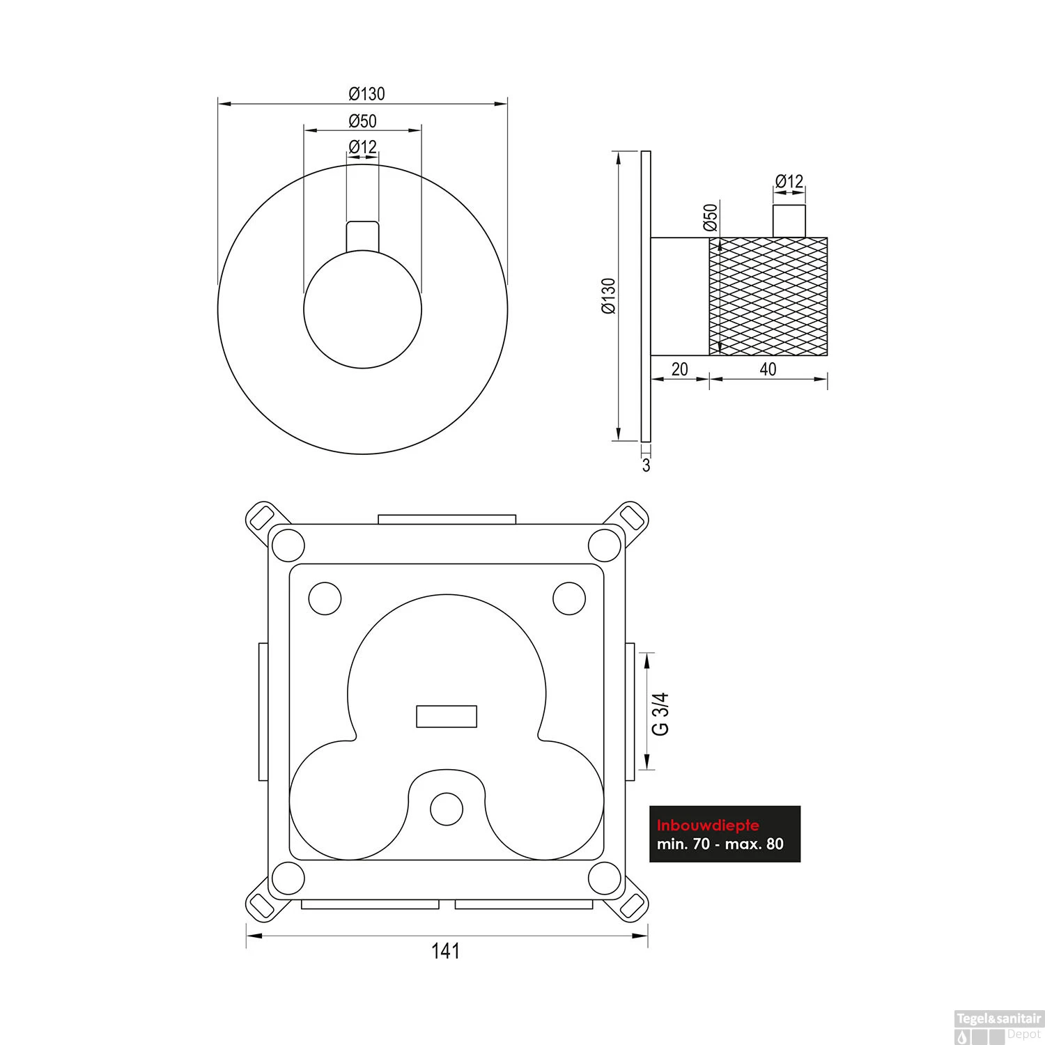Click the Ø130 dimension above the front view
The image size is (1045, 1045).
[x=366, y=93]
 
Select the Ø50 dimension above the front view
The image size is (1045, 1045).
[x=362, y=121]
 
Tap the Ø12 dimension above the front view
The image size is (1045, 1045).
[x=362, y=147]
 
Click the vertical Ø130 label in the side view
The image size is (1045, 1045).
[x=608, y=296]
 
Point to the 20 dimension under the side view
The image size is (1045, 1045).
[x=679, y=369]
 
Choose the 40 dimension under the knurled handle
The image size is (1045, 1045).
[x=768, y=369]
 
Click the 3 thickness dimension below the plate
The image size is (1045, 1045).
[x=646, y=465]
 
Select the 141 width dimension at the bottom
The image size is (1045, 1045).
[x=446, y=950]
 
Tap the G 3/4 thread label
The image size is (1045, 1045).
[x=659, y=713]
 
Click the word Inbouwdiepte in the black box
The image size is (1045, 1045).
[x=708, y=826]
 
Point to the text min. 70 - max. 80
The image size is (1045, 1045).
[x=720, y=844]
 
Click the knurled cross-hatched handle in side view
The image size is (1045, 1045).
[x=768, y=296]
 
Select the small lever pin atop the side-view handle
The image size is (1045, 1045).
[x=789, y=222]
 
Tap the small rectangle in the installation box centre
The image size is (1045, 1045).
[x=447, y=716]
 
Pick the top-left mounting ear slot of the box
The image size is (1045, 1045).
[x=263, y=517]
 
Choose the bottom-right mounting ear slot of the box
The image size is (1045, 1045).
[x=631, y=906]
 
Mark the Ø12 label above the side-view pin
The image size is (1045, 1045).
[x=789, y=182]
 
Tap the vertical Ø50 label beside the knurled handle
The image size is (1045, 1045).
[x=710, y=217]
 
